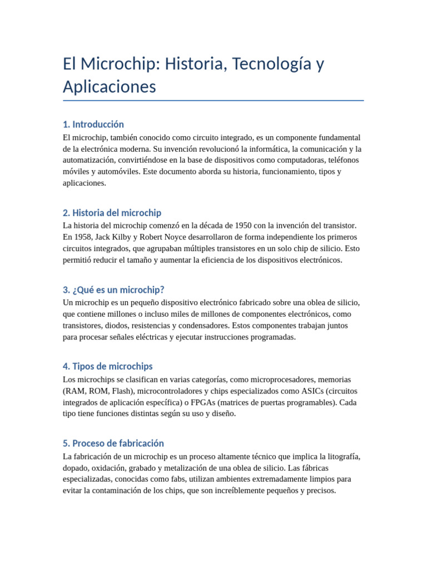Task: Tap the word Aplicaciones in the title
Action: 110,87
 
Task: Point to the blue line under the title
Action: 213,101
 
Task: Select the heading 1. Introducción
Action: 93,124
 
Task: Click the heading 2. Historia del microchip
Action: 112,212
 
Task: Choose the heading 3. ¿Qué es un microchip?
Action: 113,290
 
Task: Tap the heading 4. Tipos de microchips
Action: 108,366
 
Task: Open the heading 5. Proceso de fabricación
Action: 113,443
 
